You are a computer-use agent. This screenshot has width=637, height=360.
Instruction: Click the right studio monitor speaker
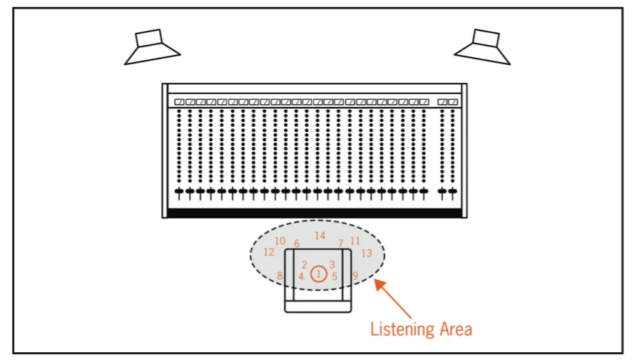(484, 47)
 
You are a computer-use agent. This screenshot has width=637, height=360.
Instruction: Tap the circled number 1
(318, 274)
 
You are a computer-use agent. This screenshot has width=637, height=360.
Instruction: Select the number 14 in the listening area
(320, 235)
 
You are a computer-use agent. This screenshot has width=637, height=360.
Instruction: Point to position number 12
(269, 252)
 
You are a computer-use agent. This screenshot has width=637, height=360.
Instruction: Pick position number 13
(367, 253)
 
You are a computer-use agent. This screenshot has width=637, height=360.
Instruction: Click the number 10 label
(280, 241)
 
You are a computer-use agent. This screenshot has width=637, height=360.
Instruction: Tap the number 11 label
(355, 241)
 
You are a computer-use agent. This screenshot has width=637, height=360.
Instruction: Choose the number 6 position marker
(297, 244)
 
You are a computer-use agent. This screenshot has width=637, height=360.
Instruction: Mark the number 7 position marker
(341, 244)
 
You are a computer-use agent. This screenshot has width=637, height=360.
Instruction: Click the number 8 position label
(280, 276)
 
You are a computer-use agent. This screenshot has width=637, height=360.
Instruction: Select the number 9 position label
(355, 276)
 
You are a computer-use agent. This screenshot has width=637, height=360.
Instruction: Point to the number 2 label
(305, 264)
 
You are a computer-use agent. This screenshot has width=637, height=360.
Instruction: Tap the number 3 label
(332, 264)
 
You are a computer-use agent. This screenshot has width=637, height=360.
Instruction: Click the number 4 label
(301, 276)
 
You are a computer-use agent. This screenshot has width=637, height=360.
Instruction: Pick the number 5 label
(335, 276)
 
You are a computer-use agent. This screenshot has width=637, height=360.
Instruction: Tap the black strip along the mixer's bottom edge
(314, 212)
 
